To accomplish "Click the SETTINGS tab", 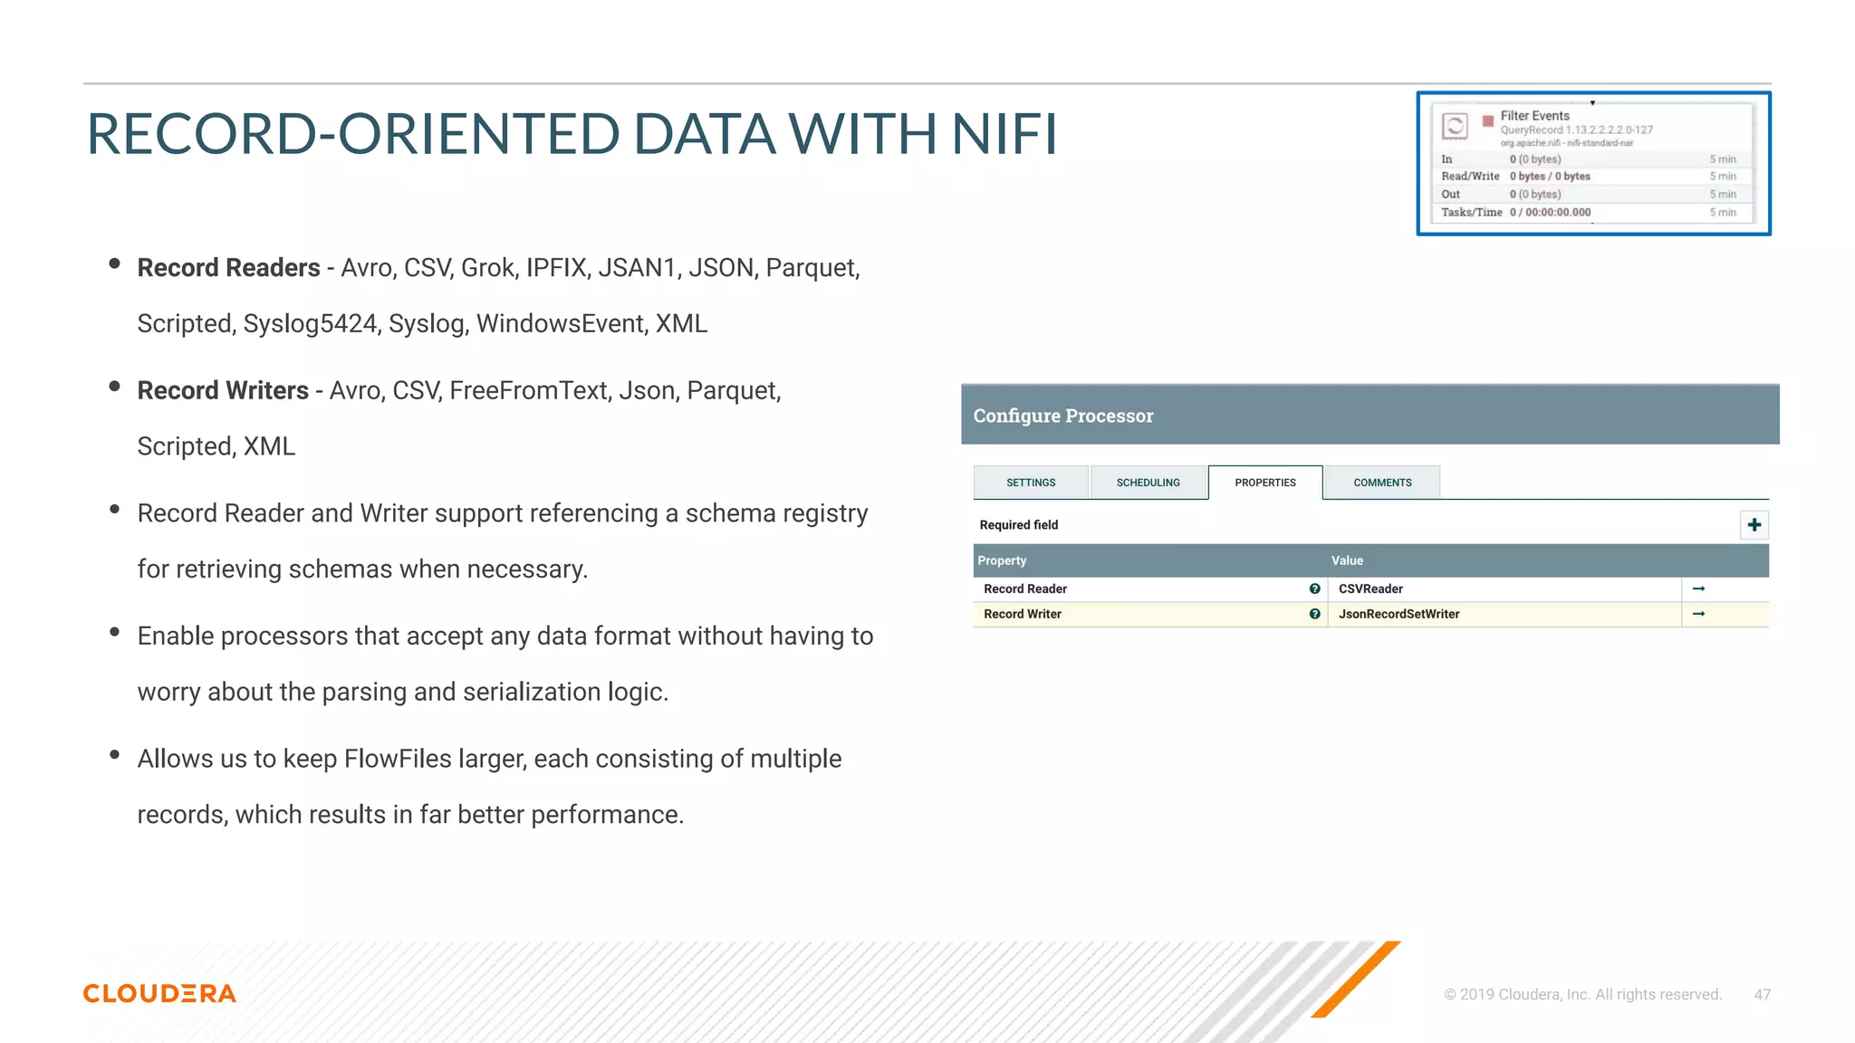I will click(1031, 483).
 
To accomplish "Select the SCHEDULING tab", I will click(1148, 483).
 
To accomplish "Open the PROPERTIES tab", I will click(1265, 483).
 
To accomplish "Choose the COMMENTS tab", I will click(1382, 483).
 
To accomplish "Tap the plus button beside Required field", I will click(1754, 525).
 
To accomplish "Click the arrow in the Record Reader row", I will click(1698, 589).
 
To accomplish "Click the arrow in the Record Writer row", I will click(1698, 614).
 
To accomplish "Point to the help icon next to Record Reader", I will click(1314, 589).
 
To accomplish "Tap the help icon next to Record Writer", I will click(1314, 614).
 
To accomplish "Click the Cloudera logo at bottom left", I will click(159, 993).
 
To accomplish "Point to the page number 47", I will click(1762, 994).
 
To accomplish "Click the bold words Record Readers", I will click(228, 268).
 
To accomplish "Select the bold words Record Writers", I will click(223, 390).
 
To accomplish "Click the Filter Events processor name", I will click(1534, 116).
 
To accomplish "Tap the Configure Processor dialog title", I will click(1062, 416).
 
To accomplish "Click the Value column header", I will click(1347, 560).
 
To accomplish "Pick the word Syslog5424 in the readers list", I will click(310, 324).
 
